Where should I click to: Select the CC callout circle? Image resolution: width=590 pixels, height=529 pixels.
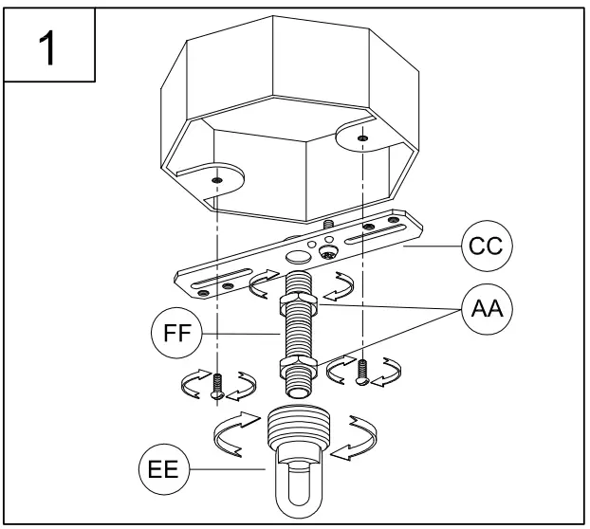pos(487,247)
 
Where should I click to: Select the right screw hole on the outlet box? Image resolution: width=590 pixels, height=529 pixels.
pos(363,139)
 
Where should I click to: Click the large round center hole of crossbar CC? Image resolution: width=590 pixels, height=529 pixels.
pos(299,257)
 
